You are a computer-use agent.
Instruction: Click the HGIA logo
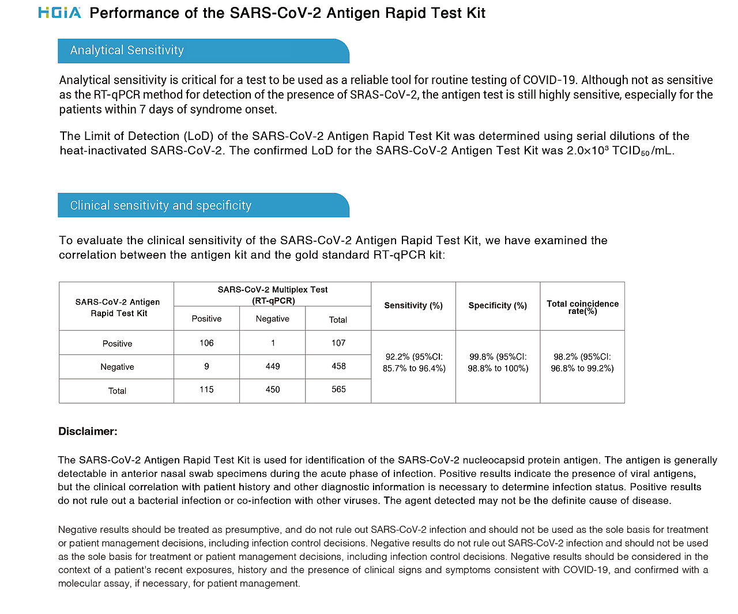coord(59,12)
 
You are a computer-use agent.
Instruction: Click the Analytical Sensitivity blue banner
coord(203,51)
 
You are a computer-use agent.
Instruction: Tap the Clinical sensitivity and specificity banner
coord(203,206)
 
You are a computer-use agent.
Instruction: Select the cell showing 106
coord(206,343)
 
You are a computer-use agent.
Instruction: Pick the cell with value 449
coord(273,366)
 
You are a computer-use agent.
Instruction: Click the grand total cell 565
coord(338,389)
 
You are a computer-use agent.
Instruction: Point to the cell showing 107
coord(338,343)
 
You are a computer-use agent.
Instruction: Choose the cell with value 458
coord(338,366)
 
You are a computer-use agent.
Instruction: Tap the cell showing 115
coord(206,389)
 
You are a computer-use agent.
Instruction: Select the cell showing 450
coord(273,389)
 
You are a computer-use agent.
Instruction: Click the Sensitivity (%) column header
coord(413,306)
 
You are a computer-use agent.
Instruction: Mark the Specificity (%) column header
coord(498,306)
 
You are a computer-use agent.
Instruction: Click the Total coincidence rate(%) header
coord(582,307)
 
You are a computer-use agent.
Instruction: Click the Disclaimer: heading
coord(88,431)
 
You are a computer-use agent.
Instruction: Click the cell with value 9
coord(206,366)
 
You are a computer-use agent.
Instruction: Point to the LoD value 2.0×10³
coord(588,151)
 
